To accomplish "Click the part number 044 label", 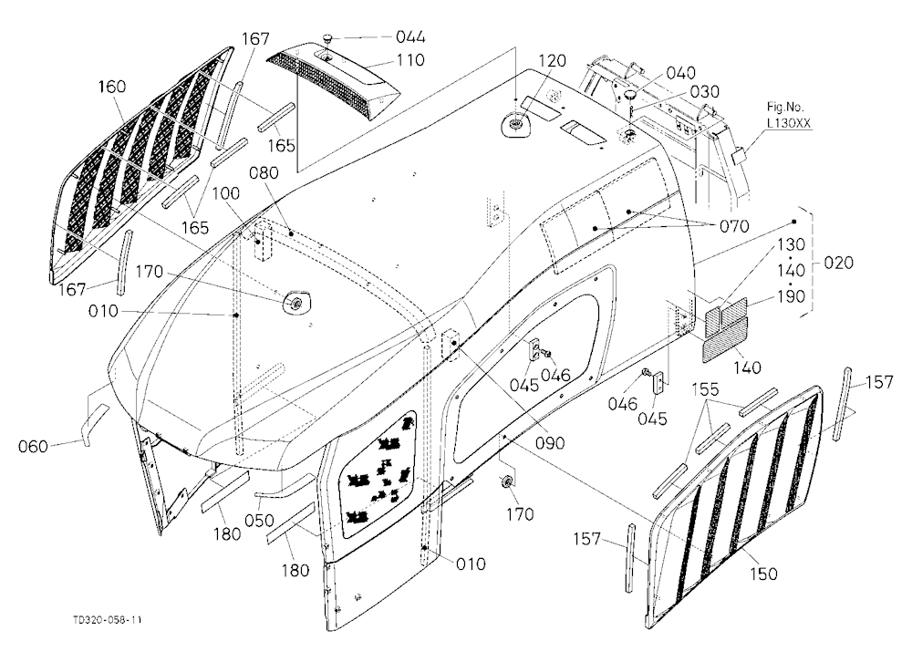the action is (410, 37).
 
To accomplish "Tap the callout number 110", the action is (410, 60).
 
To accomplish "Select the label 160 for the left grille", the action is (111, 86).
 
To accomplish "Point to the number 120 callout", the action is (552, 60).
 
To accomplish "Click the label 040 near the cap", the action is (680, 73).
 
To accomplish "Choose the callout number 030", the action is (705, 92).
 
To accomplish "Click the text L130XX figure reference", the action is (789, 123).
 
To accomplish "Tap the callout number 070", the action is (734, 226).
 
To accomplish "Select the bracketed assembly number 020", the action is (839, 263).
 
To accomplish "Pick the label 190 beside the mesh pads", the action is (791, 296).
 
